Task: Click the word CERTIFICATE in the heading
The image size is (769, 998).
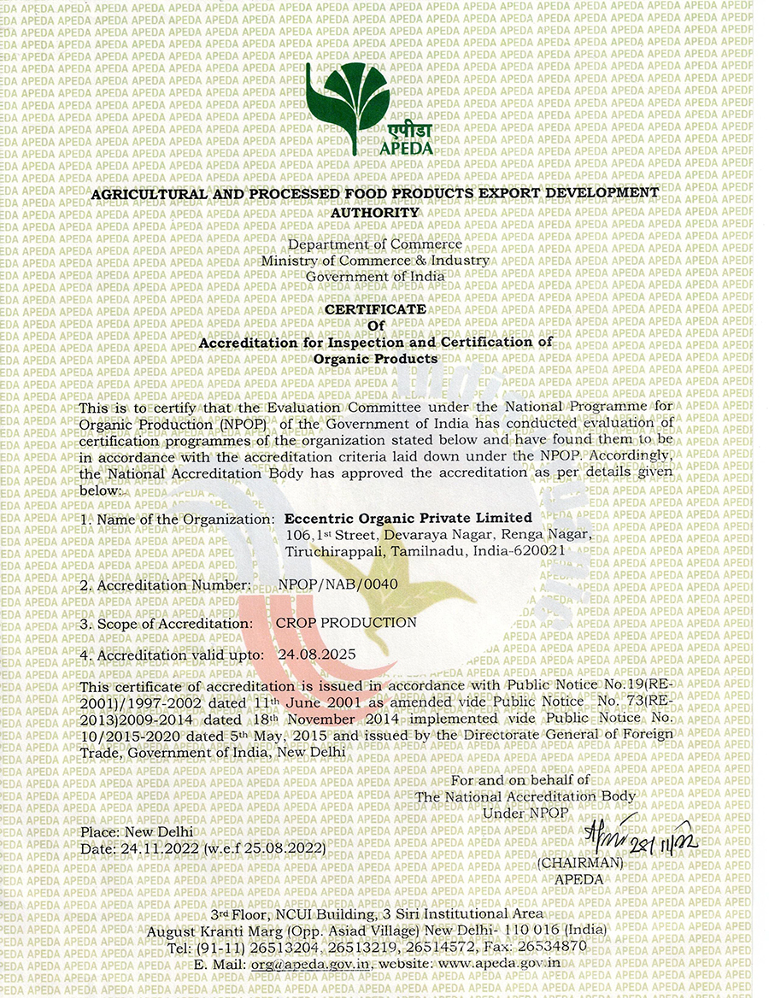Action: pos(376,308)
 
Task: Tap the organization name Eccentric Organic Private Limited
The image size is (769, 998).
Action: pos(408,518)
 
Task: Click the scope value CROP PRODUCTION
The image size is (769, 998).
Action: pos(346,623)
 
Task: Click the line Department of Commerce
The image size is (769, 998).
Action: pos(375,244)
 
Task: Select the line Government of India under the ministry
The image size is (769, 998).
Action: pos(375,276)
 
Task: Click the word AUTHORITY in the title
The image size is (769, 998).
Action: pos(376,212)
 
